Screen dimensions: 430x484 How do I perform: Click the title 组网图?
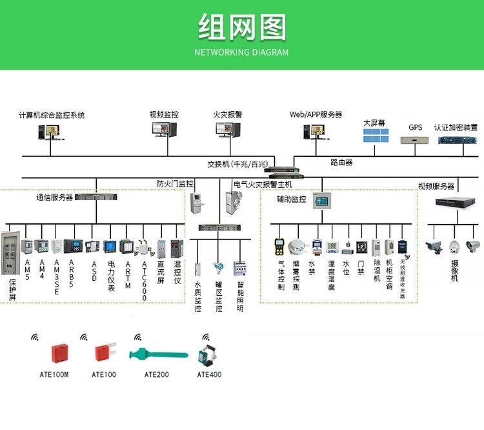point(241,28)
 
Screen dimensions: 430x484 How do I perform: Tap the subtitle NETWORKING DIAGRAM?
point(241,52)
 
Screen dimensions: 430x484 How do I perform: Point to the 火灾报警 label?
point(228,114)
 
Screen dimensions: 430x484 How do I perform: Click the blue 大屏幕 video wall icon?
point(375,136)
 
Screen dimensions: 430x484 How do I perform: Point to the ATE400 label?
point(209,374)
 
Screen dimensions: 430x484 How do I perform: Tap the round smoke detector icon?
point(297,246)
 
